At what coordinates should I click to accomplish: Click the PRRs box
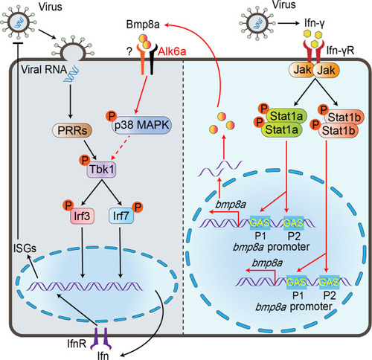pos(72,130)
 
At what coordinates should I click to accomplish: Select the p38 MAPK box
pos(141,125)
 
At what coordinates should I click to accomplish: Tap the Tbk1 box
pos(101,170)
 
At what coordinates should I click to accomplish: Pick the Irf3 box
pos(82,216)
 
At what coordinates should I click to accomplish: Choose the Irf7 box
pos(121,216)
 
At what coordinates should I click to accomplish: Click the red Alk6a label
pos(172,51)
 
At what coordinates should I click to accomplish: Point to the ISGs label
pos(25,248)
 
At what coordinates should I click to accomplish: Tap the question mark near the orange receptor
pos(129,52)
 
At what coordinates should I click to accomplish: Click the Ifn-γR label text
pos(340,51)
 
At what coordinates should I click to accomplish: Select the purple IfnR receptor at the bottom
pos(100,338)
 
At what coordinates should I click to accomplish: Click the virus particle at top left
pos(19,23)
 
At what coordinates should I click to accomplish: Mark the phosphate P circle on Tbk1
pos(85,160)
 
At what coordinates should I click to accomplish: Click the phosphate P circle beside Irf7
pos(138,207)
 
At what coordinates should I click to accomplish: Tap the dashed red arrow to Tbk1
pos(121,147)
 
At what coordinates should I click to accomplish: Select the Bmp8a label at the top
pos(143,25)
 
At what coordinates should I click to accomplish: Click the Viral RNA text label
pos(44,70)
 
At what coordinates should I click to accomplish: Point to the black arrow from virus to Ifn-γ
pos(289,23)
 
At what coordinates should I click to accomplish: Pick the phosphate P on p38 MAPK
pos(112,116)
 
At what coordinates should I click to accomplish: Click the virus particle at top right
pos(257,24)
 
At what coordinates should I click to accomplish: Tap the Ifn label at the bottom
pos(103,356)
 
